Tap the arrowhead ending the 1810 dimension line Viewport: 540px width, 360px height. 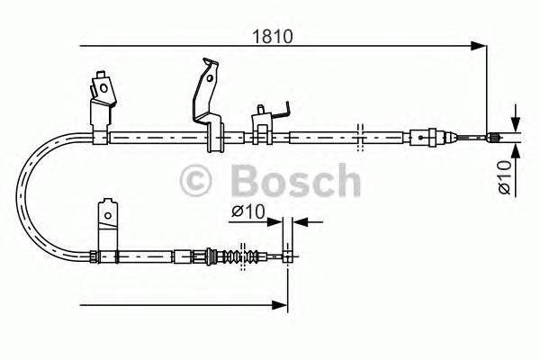[481, 45]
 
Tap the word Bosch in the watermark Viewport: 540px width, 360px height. [294, 180]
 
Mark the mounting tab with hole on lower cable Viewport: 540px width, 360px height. [107, 225]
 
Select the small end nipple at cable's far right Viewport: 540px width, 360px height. [493, 138]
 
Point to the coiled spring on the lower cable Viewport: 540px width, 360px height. [237, 256]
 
